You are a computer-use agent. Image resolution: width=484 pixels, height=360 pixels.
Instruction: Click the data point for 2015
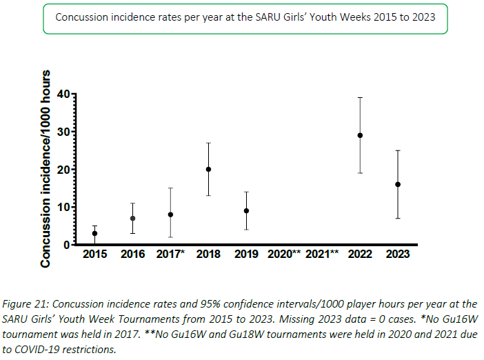pyautogui.click(x=94, y=233)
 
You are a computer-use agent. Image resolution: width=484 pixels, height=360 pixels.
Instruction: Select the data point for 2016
pyautogui.click(x=132, y=218)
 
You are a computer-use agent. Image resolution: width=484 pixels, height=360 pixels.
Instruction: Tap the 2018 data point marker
pyautogui.click(x=208, y=169)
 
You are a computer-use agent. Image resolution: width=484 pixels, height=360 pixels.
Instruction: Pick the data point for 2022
pyautogui.click(x=360, y=135)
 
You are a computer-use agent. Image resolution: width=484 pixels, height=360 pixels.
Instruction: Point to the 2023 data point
pyautogui.click(x=398, y=184)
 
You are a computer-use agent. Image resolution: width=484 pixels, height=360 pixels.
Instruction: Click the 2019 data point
pyautogui.click(x=246, y=210)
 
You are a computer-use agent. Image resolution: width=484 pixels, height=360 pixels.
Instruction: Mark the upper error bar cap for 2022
pyautogui.click(x=360, y=97)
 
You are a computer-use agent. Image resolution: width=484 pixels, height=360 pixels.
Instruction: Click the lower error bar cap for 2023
pyautogui.click(x=398, y=218)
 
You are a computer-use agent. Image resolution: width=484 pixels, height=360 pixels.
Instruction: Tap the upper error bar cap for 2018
pyautogui.click(x=208, y=143)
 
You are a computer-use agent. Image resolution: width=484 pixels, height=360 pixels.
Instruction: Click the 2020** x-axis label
pyautogui.click(x=285, y=254)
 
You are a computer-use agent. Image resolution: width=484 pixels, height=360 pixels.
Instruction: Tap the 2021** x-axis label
pyautogui.click(x=323, y=254)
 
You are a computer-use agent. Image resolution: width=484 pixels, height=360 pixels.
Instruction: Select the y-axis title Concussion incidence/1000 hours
pyautogui.click(x=47, y=169)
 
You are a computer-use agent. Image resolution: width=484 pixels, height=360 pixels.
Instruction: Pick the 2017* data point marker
pyautogui.click(x=170, y=214)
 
